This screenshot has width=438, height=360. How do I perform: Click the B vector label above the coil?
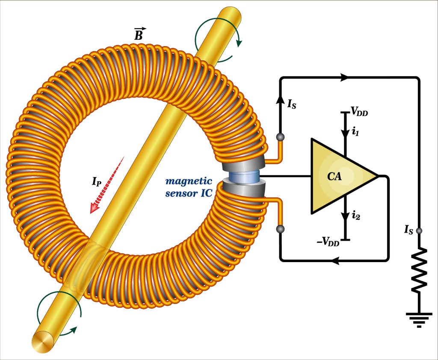(138, 35)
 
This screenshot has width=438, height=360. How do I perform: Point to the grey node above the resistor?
(419, 231)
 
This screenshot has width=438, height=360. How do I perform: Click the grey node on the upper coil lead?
(280, 137)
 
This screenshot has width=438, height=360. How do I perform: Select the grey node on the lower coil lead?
(280, 229)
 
